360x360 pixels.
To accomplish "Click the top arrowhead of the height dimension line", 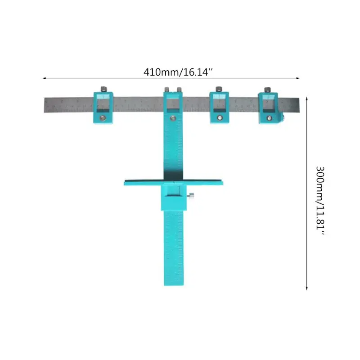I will tap(306, 98).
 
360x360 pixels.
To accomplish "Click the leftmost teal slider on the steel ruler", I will tap(103, 108).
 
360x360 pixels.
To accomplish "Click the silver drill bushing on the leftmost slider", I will tap(103, 118).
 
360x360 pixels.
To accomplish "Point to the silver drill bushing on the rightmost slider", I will tap(269, 118).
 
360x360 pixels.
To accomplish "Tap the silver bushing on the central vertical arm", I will tap(172, 119).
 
